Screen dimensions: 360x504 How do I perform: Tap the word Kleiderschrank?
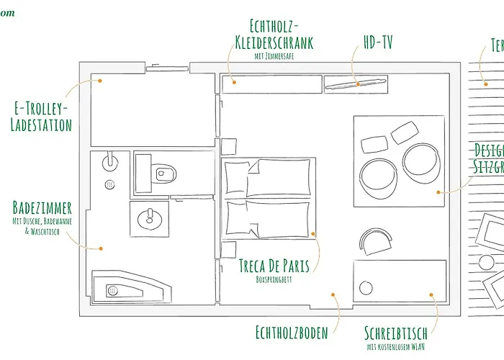point(274,42)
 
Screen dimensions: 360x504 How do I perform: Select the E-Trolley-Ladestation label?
point(42,117)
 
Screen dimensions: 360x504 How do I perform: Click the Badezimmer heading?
point(42,208)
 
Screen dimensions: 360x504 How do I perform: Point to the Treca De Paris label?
point(274,266)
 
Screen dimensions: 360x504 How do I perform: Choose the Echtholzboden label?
point(292,333)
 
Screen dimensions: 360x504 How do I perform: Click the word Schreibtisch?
point(396,333)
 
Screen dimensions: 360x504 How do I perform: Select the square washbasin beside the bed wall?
point(150,217)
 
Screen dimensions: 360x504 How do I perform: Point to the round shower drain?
point(109,184)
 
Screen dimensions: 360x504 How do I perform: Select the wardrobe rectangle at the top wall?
point(270,84)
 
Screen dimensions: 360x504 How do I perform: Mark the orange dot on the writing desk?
point(432,294)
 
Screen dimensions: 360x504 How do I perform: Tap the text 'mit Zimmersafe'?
point(274,55)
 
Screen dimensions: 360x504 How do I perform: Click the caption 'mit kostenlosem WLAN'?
point(396,346)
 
